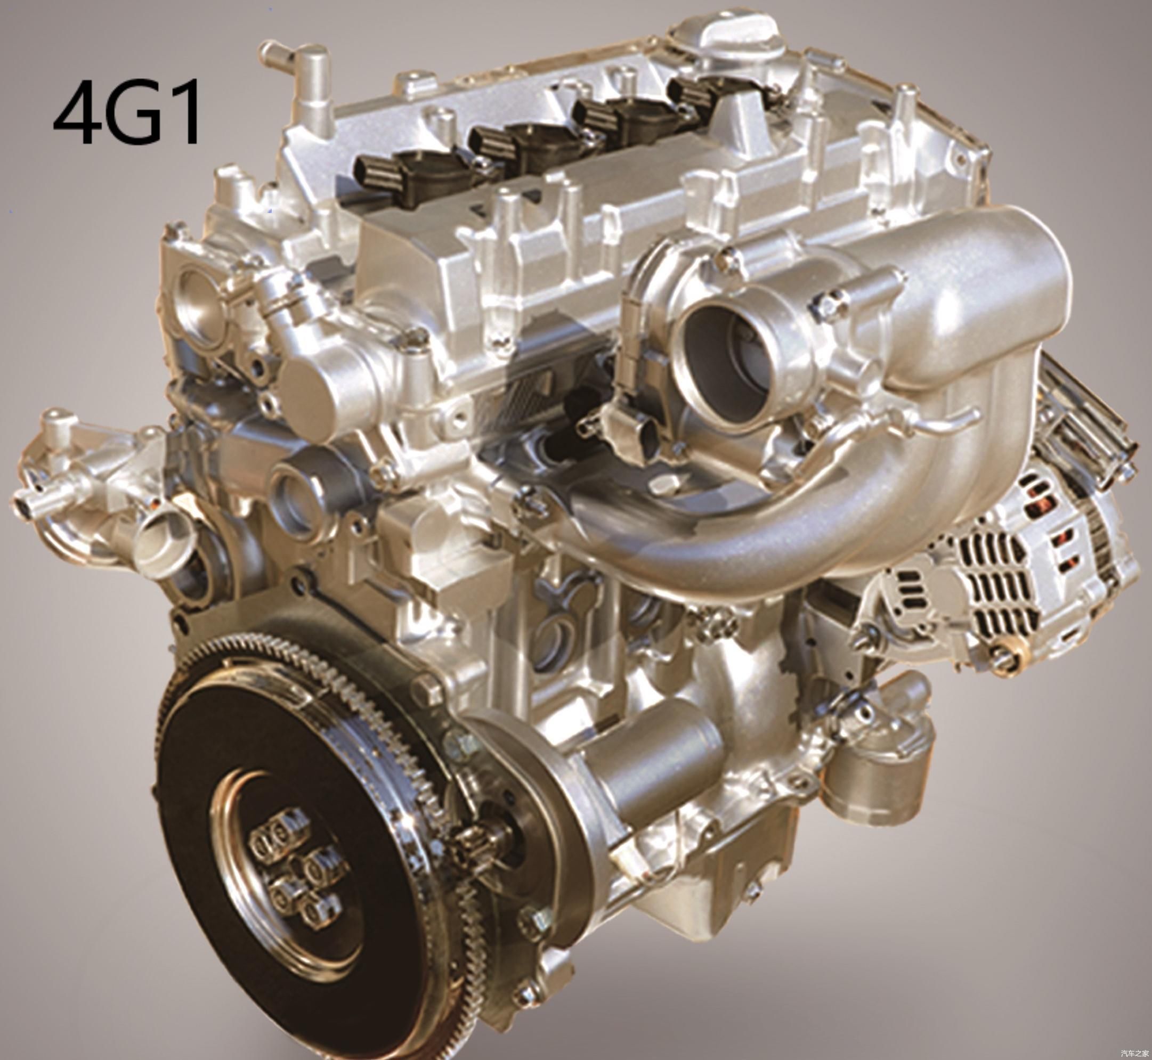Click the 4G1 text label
click(127, 112)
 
